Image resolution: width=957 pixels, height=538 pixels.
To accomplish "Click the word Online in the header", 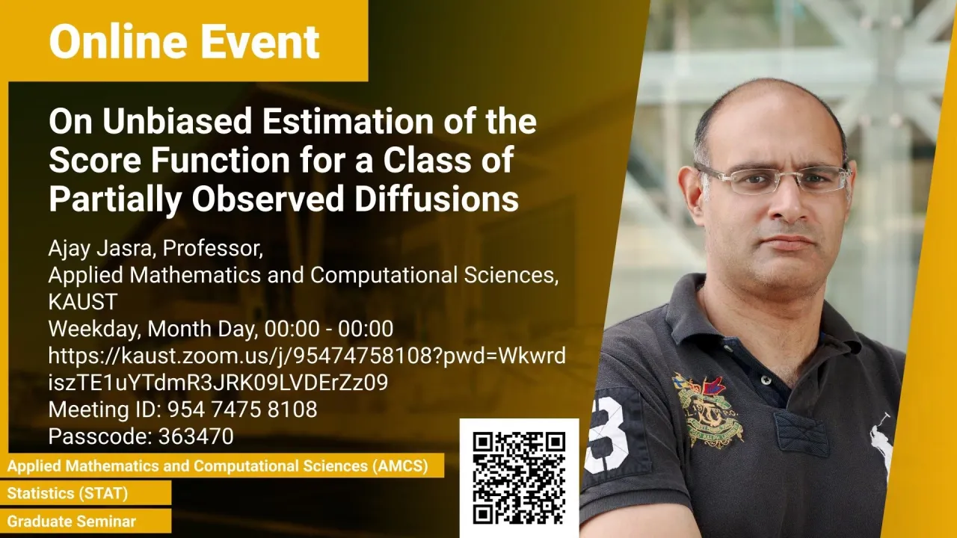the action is click(x=118, y=41).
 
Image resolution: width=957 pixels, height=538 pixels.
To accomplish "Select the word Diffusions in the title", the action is click(x=437, y=199).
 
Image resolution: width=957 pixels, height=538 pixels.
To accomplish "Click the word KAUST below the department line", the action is click(x=83, y=302).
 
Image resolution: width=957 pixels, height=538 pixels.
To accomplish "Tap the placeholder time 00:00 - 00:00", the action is click(x=328, y=329).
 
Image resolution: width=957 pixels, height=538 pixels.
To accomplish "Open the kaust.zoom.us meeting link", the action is click(x=307, y=369).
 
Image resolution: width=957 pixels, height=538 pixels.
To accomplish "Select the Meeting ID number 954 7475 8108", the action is click(x=242, y=409).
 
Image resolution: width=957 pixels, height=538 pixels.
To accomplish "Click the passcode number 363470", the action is click(x=196, y=436).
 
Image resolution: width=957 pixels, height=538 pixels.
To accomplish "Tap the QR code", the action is click(x=519, y=477).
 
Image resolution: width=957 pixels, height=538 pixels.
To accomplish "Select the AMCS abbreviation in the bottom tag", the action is click(x=400, y=466).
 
